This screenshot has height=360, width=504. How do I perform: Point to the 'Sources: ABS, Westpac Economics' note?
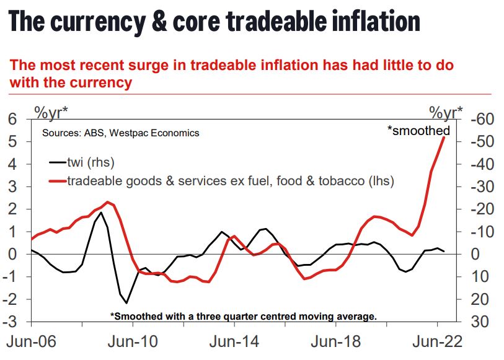(120, 133)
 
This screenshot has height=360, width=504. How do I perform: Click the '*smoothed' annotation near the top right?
(418, 131)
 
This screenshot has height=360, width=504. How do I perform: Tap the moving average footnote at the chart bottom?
(243, 316)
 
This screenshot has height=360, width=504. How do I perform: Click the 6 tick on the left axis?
(12, 119)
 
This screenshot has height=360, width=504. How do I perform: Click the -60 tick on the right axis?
(477, 119)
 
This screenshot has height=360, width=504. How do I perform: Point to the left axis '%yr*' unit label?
(51, 113)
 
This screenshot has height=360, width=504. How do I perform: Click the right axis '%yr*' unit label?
(446, 113)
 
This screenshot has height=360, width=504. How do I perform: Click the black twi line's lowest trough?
(126, 303)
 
